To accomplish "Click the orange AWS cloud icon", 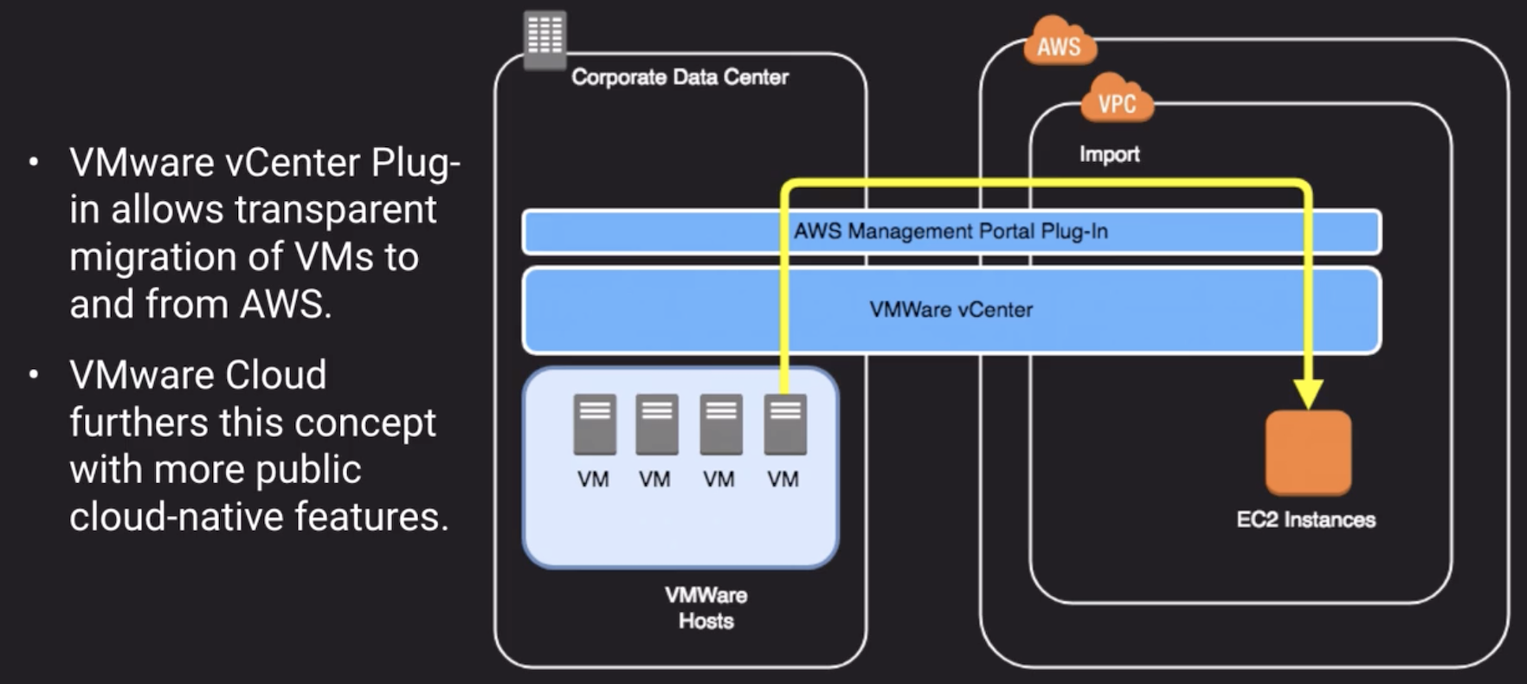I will pos(1059,43).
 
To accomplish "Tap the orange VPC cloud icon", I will pos(1117,101).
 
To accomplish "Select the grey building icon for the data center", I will pos(545,37).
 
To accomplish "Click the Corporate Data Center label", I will pos(680,77).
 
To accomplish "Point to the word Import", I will pos(1109,154).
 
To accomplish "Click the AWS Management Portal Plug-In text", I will pos(950,231).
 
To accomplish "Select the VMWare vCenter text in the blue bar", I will pos(950,309).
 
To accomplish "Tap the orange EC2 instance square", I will pos(1307,453).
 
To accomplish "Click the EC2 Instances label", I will pos(1305,519).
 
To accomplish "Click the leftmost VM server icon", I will pos(595,424).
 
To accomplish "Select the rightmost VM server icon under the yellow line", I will pos(785,424).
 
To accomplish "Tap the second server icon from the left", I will pos(657,424).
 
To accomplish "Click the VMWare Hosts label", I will pos(706,608).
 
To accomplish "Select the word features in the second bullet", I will pos(371,517).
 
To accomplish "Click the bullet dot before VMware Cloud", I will pos(34,375).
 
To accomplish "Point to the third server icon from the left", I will pos(721,424).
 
